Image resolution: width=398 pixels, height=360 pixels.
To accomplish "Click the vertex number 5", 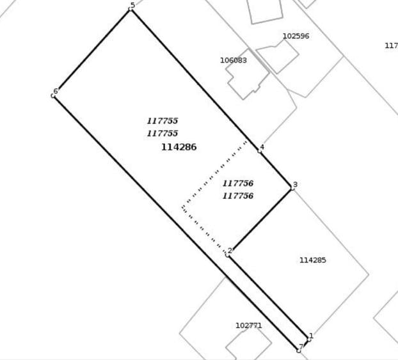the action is (x=132, y=5).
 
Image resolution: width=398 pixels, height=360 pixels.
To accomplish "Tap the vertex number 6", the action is (x=56, y=91).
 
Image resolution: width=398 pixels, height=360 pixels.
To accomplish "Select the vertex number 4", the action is (x=262, y=147).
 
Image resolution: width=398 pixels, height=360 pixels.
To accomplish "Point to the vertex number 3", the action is (x=295, y=184).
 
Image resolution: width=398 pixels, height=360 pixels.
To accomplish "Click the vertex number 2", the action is (x=230, y=251).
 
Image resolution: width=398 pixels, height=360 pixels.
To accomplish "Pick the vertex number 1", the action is (x=311, y=336).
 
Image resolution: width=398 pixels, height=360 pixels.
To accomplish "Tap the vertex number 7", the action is (x=301, y=347).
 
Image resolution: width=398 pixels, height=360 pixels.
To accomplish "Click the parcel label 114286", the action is (x=179, y=147).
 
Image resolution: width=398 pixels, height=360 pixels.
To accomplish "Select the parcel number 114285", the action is (x=313, y=260).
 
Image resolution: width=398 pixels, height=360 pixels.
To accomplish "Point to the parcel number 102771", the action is (x=249, y=325).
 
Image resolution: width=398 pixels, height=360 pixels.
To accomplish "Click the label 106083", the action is (x=234, y=60).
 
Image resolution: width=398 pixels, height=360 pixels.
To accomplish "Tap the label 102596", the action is (x=296, y=36).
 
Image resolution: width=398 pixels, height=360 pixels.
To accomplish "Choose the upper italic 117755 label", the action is (x=163, y=121).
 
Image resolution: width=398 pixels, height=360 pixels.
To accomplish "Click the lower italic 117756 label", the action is (x=238, y=196).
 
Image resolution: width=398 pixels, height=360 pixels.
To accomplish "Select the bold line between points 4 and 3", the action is (x=276, y=169).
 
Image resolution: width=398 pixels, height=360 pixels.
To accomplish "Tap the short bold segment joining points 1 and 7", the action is (x=304, y=345).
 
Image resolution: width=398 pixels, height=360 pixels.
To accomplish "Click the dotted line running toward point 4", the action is (x=214, y=174).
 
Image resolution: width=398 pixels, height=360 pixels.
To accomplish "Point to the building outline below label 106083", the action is (x=248, y=74).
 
